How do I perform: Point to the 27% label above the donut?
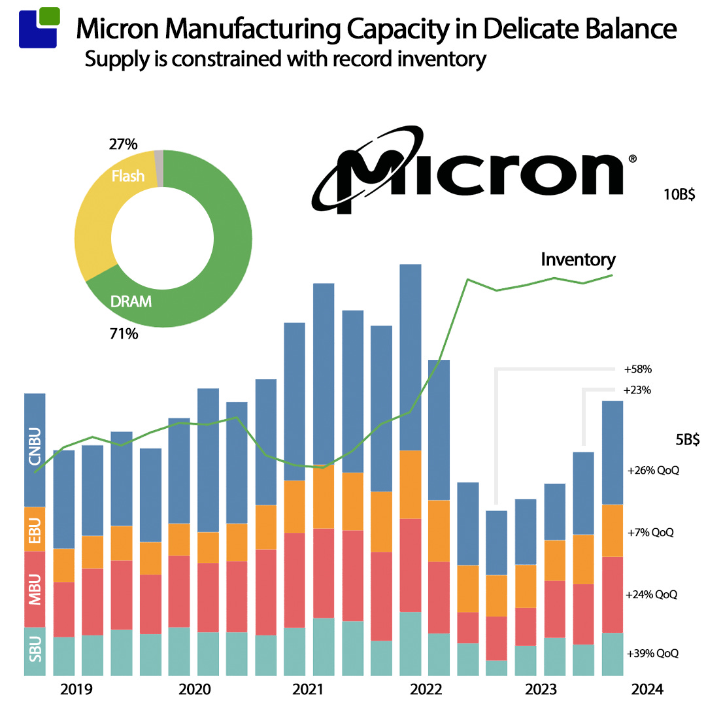click(x=123, y=143)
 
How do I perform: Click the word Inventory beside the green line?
click(x=578, y=260)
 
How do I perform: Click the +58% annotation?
click(x=638, y=369)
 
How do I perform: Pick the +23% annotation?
click(x=638, y=390)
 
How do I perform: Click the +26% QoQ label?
click(x=652, y=470)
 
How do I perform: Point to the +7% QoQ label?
click(x=650, y=532)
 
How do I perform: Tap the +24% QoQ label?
click(x=652, y=595)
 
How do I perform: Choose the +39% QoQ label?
click(x=652, y=653)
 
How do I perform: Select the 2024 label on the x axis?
click(x=647, y=690)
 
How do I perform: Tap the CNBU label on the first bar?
click(x=35, y=446)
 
